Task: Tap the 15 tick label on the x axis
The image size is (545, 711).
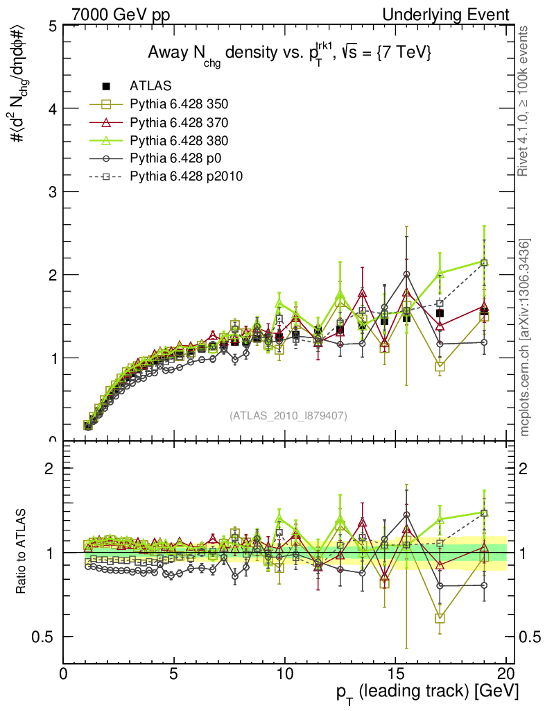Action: tap(395, 674)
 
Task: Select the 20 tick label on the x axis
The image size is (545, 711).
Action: tap(505, 674)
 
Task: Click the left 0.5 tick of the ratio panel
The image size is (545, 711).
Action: tap(46, 637)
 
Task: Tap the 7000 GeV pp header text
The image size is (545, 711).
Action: tap(121, 15)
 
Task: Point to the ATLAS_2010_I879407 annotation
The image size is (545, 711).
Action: tap(288, 416)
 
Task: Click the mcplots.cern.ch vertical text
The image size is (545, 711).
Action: tap(526, 337)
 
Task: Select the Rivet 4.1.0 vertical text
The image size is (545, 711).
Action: tap(524, 111)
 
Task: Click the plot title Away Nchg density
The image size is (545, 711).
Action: tap(288, 54)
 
